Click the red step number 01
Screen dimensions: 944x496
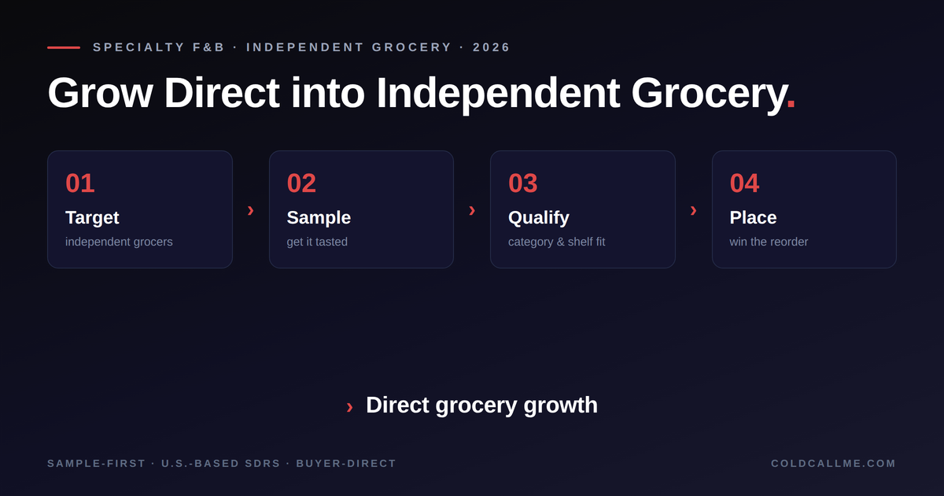(x=80, y=183)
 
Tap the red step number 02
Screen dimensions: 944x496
(x=301, y=183)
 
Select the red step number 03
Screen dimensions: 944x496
(x=523, y=183)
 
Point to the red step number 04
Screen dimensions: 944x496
(x=744, y=183)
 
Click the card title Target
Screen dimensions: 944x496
(x=92, y=218)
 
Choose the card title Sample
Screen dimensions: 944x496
(x=319, y=217)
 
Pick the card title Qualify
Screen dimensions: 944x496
(x=539, y=218)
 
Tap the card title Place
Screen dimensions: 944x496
(x=753, y=217)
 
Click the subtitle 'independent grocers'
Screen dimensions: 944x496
(x=119, y=242)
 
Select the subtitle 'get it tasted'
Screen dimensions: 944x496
(x=317, y=242)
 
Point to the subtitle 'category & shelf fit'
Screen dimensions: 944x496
(x=557, y=242)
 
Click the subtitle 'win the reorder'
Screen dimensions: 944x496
(x=769, y=242)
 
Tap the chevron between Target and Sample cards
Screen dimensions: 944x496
(x=250, y=210)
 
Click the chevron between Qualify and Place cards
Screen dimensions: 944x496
(x=693, y=210)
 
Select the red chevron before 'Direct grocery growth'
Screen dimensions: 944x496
(x=349, y=408)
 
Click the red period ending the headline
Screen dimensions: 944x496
(x=791, y=104)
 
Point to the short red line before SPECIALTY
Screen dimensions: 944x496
(x=64, y=48)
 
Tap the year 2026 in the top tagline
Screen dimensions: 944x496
(x=492, y=47)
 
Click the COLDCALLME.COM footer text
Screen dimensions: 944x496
(x=833, y=464)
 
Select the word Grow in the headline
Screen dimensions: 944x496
(x=100, y=93)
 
